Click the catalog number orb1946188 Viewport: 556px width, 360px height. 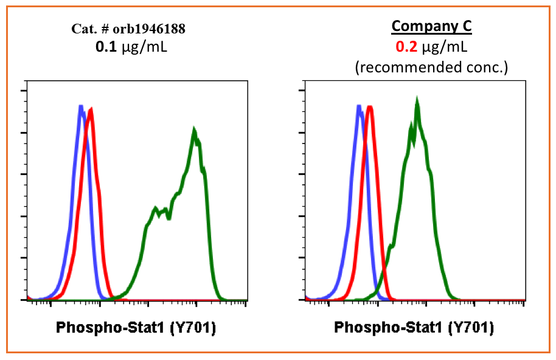[x=155, y=29]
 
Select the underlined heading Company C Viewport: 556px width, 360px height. [x=431, y=26]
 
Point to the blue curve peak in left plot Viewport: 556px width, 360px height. [x=80, y=107]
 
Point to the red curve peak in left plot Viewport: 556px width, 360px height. [x=91, y=110]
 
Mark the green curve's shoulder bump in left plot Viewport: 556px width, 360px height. [x=156, y=209]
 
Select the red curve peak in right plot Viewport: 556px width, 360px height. [x=369, y=108]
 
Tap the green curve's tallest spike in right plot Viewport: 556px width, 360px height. [x=417, y=99]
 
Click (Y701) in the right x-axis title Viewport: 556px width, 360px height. [x=471, y=328]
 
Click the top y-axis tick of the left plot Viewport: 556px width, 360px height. [x=25, y=91]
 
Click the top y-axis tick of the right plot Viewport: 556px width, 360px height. [x=303, y=91]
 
